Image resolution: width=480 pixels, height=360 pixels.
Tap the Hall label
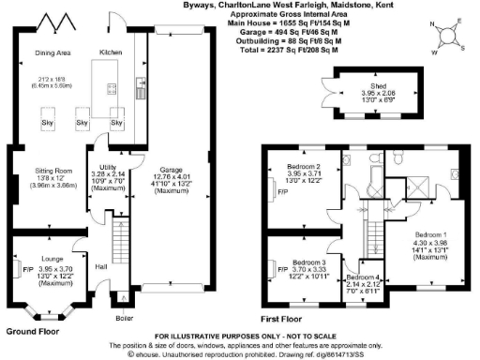point(100,266)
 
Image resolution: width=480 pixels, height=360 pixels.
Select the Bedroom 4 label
point(364,277)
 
